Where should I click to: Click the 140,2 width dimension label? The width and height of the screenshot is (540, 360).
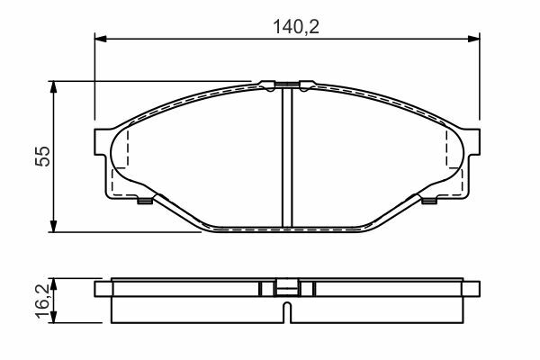(296, 27)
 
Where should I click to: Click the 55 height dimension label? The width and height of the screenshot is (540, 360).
(42, 157)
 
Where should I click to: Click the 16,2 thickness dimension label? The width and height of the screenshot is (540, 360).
(42, 301)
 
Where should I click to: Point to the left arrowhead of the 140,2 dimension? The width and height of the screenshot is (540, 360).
(101, 39)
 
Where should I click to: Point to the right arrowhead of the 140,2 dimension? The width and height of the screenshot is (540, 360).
(473, 39)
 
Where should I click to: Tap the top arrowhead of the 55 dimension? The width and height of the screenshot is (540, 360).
(53, 87)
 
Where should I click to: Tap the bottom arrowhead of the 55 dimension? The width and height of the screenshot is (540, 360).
(53, 226)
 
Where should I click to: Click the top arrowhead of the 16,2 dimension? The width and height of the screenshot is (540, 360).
(53, 283)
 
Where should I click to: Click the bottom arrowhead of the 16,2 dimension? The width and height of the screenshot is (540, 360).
(53, 318)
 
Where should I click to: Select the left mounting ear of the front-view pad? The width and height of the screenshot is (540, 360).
(100, 141)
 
